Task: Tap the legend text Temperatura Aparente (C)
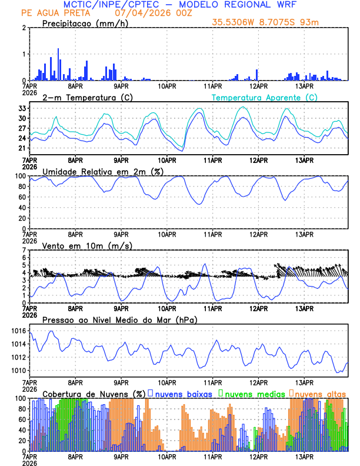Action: (x=265, y=97)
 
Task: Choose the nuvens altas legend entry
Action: (x=321, y=393)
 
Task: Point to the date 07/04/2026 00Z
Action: (x=140, y=12)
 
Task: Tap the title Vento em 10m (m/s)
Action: (x=87, y=245)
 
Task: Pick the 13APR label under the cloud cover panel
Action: (x=304, y=457)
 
